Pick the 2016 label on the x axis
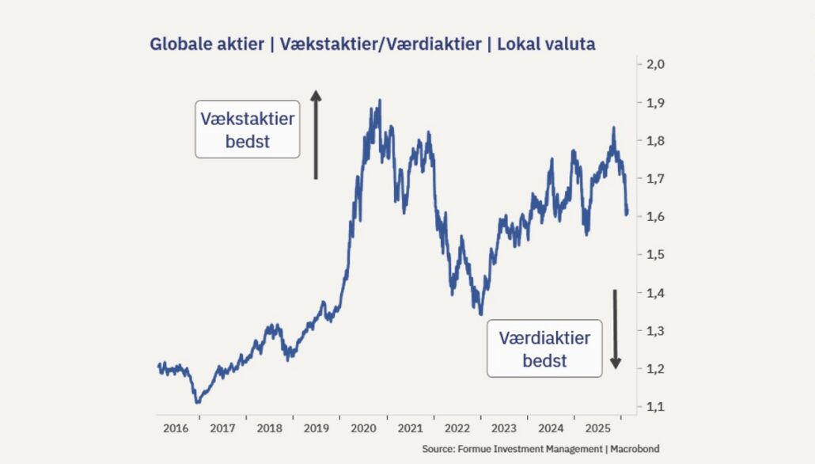(176, 428)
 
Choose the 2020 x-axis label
(363, 428)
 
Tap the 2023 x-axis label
(504, 428)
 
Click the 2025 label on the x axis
(597, 428)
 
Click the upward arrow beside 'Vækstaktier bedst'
(316, 134)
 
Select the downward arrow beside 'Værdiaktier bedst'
(615, 329)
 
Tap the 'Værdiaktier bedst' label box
(544, 348)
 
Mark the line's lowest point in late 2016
(197, 402)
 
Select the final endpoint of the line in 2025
(627, 214)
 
